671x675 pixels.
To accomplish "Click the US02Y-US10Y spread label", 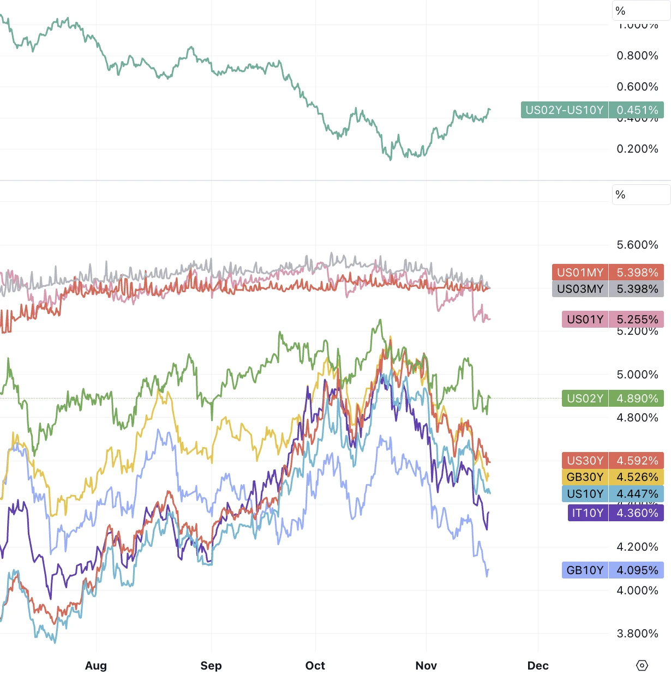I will (565, 110).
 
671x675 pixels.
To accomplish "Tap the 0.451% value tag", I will (637, 110).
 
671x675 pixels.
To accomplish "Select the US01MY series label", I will (580, 273).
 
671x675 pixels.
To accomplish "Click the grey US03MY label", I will (580, 289).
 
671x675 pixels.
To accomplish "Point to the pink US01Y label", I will (585, 320).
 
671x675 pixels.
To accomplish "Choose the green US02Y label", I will (585, 399).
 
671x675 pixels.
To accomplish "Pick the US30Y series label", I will (585, 461).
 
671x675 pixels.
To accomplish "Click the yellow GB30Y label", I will (585, 477).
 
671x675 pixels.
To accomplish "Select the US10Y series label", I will (585, 494).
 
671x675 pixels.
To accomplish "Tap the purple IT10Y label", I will (588, 513).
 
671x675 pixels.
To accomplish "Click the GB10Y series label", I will (585, 570).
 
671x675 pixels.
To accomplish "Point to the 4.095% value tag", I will (637, 570).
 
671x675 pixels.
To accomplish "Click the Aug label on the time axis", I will (96, 666).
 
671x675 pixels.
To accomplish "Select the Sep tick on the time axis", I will (211, 666).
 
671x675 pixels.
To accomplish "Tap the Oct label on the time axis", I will (315, 666).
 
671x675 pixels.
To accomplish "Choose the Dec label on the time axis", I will (538, 666).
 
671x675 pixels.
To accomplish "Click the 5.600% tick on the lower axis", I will (637, 245).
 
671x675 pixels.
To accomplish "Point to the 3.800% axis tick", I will (637, 634).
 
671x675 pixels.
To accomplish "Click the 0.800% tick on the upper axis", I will (637, 56).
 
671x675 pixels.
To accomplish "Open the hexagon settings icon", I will (642, 666).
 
